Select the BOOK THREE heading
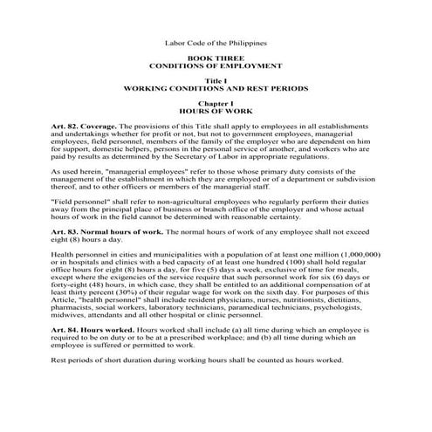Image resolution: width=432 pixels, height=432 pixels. [x=216, y=57]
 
